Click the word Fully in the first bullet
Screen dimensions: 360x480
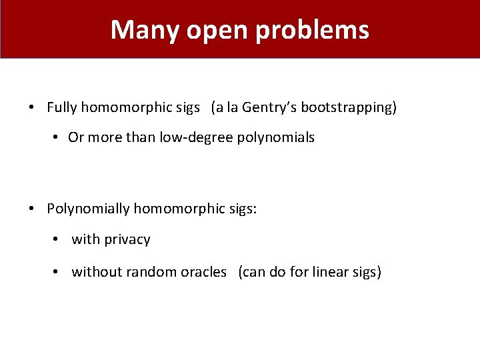[62, 107]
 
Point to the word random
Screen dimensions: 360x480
[151, 272]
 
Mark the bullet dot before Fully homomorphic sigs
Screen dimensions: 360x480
[32, 107]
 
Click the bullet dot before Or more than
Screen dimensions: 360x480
[54, 138]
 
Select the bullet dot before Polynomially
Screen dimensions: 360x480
[32, 209]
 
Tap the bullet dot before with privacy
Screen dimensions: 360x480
[58, 240]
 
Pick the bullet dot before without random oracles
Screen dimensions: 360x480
[58, 272]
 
